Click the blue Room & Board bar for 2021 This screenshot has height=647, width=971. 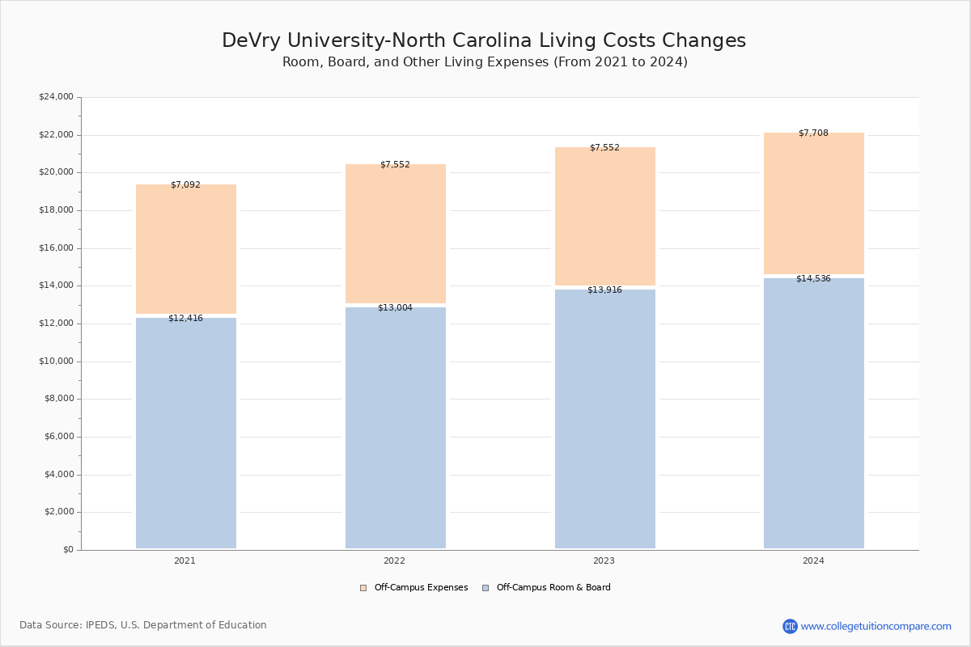tap(186, 433)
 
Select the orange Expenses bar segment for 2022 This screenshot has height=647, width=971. tap(396, 235)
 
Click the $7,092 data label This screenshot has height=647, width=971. tap(185, 185)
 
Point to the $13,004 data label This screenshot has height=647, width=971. tap(395, 308)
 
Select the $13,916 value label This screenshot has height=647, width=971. tap(604, 290)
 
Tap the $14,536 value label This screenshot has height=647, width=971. tap(813, 279)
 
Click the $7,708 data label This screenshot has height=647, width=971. tap(813, 133)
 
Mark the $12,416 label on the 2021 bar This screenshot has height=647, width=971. tap(185, 319)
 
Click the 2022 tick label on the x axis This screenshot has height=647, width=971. tap(395, 560)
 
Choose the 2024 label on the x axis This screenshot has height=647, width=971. tap(813, 560)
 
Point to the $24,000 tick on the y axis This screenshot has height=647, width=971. tap(56, 97)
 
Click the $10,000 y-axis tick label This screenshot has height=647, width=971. tap(56, 362)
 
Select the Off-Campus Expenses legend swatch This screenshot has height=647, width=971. tap(363, 588)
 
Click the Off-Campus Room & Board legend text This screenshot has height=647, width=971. tap(553, 588)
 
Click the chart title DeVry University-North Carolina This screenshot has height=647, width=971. tap(484, 41)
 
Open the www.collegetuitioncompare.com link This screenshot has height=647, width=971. tap(876, 627)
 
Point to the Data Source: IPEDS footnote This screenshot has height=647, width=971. tap(143, 625)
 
